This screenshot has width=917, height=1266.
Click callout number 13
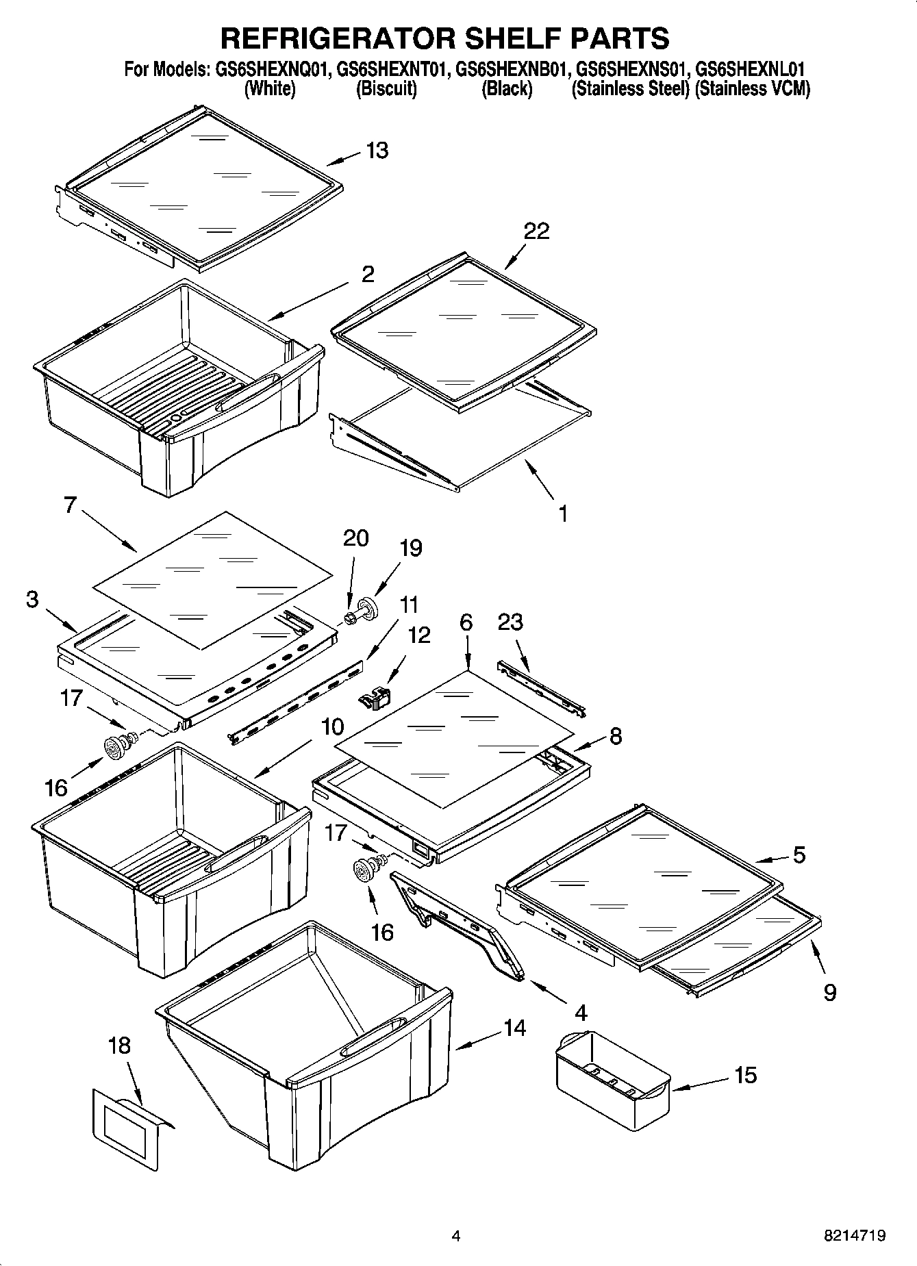(x=377, y=150)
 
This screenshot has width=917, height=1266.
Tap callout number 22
(x=536, y=231)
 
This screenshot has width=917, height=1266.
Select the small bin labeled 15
(x=611, y=1074)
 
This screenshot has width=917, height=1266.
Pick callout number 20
(x=355, y=538)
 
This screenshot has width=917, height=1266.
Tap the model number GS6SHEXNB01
(x=512, y=69)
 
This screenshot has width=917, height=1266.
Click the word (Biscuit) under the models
(x=386, y=89)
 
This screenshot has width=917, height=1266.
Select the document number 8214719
(x=854, y=1236)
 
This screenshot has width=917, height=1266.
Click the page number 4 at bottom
(x=456, y=1236)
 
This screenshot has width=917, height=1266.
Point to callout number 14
(x=514, y=1028)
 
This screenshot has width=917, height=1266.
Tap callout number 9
(x=829, y=992)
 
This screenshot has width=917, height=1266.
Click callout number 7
(x=69, y=506)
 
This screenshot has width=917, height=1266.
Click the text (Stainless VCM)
(x=752, y=89)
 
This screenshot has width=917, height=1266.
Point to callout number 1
(x=563, y=513)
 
